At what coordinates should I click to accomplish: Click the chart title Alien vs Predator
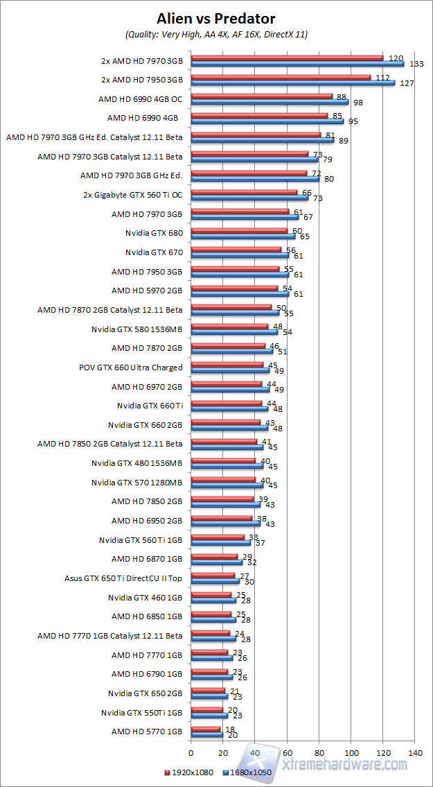point(215,18)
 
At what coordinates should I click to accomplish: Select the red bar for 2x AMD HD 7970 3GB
point(287,58)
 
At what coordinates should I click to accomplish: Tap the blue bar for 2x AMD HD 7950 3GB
point(292,83)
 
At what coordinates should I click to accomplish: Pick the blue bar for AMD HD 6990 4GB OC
point(269,102)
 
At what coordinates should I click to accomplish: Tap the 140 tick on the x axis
point(415,752)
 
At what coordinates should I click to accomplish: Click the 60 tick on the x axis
point(287,752)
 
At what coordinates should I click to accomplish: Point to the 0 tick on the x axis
point(191,752)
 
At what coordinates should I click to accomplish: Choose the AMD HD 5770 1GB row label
point(147,731)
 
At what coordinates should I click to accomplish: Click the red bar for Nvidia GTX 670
point(236,250)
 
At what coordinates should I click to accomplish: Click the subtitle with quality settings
point(215,34)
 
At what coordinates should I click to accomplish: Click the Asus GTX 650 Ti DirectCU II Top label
point(123,578)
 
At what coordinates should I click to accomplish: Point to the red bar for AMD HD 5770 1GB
point(205,728)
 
